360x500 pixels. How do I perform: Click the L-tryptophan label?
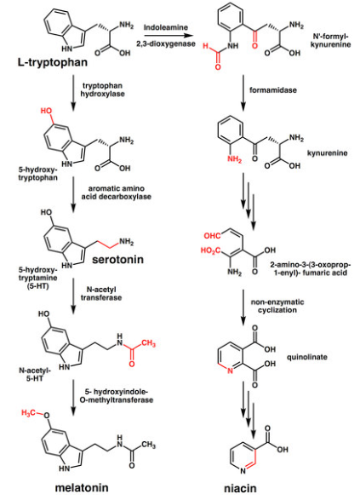pyautogui.click(x=53, y=62)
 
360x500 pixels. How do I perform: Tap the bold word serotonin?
pyautogui.click(x=118, y=259)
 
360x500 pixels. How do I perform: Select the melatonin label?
pyautogui.click(x=82, y=487)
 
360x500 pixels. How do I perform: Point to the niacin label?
pyautogui.click(x=240, y=488)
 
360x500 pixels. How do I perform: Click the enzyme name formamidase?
pyautogui.click(x=272, y=90)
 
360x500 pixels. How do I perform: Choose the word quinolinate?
pyautogui.click(x=306, y=357)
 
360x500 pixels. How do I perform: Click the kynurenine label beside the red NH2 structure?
pyautogui.click(x=327, y=153)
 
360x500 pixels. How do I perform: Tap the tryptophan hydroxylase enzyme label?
pyautogui.click(x=102, y=89)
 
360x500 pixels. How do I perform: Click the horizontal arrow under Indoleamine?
pyautogui.click(x=169, y=36)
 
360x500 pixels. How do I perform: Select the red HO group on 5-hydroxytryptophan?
pyautogui.click(x=46, y=111)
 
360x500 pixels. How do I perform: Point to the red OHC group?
pyautogui.click(x=212, y=236)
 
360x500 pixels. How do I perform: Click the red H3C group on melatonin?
pyautogui.click(x=28, y=413)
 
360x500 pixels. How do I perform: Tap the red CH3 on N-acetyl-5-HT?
pyautogui.click(x=148, y=343)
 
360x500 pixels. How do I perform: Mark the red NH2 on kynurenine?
pyautogui.click(x=235, y=158)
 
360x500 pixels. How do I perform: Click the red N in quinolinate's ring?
pyautogui.click(x=231, y=371)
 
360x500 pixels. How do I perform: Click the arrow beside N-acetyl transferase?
pyautogui.click(x=73, y=296)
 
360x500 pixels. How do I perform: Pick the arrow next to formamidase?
pyautogui.click(x=243, y=93)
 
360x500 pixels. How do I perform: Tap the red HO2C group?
pyautogui.click(x=210, y=250)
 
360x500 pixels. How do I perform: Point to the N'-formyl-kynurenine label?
pyautogui.click(x=330, y=40)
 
